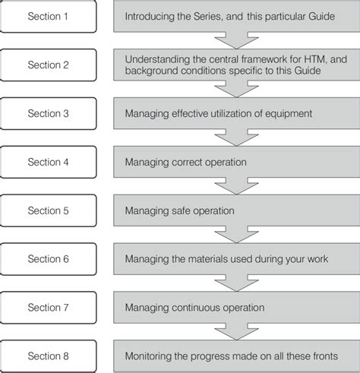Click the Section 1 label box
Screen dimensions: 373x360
click(49, 16)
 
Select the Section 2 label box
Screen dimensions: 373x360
click(49, 65)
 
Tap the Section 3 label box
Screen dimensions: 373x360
click(49, 113)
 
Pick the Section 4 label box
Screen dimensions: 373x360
click(49, 162)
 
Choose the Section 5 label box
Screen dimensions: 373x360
click(49, 210)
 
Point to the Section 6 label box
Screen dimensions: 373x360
click(49, 259)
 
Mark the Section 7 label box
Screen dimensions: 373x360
click(49, 308)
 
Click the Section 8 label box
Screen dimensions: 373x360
click(49, 356)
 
